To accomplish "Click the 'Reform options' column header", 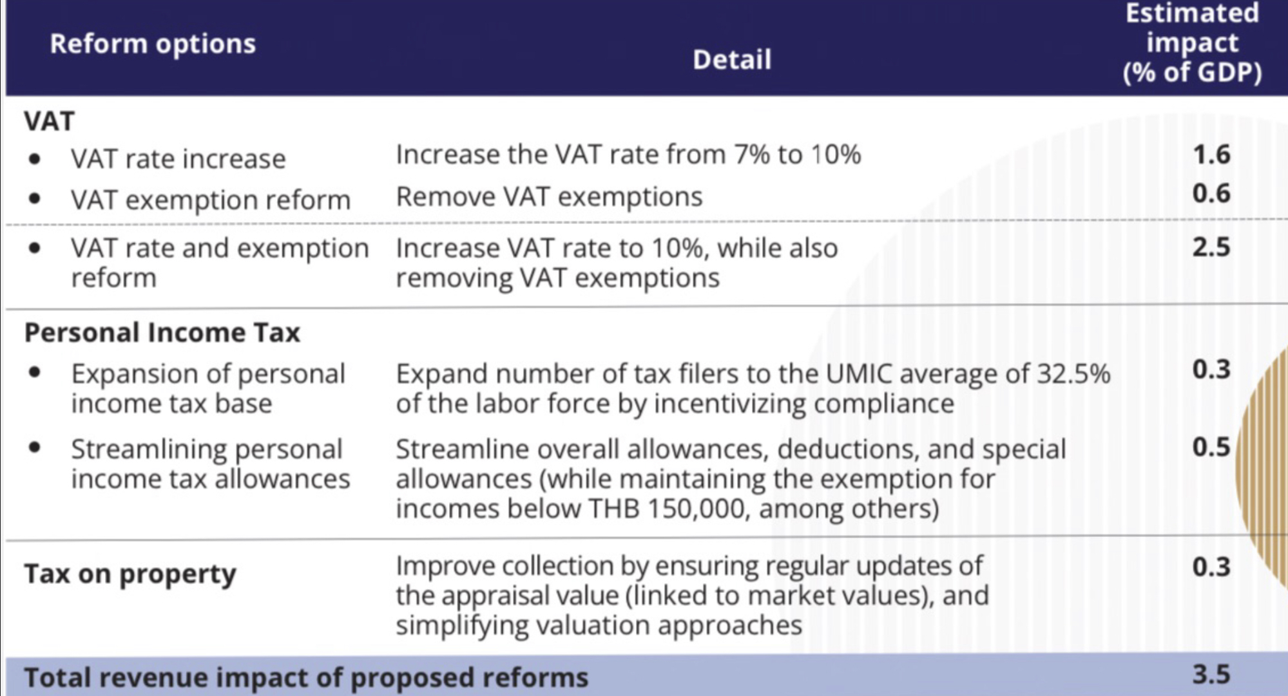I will pyautogui.click(x=153, y=44).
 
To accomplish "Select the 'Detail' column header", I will pyautogui.click(x=731, y=60).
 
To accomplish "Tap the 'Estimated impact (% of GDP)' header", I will pyautogui.click(x=1192, y=42).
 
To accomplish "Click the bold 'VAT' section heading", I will pyautogui.click(x=49, y=121).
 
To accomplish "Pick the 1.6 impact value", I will pyautogui.click(x=1211, y=155).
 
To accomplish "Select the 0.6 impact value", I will pyautogui.click(x=1211, y=193).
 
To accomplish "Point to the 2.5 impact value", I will pyautogui.click(x=1211, y=247).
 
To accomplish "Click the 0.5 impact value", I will pyautogui.click(x=1211, y=447).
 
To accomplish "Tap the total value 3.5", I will pyautogui.click(x=1211, y=675).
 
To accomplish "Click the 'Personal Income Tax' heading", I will pyautogui.click(x=162, y=333).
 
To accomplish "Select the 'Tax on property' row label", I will pyautogui.click(x=130, y=573).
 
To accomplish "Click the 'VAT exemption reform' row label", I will pyautogui.click(x=211, y=200).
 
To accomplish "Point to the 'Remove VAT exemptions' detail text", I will pyautogui.click(x=549, y=196).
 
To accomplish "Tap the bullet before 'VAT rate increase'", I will pyautogui.click(x=35, y=158).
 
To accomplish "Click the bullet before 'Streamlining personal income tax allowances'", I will pyautogui.click(x=35, y=447).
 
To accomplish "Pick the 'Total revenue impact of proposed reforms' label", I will pyautogui.click(x=306, y=677).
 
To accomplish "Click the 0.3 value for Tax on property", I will pyautogui.click(x=1211, y=567).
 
